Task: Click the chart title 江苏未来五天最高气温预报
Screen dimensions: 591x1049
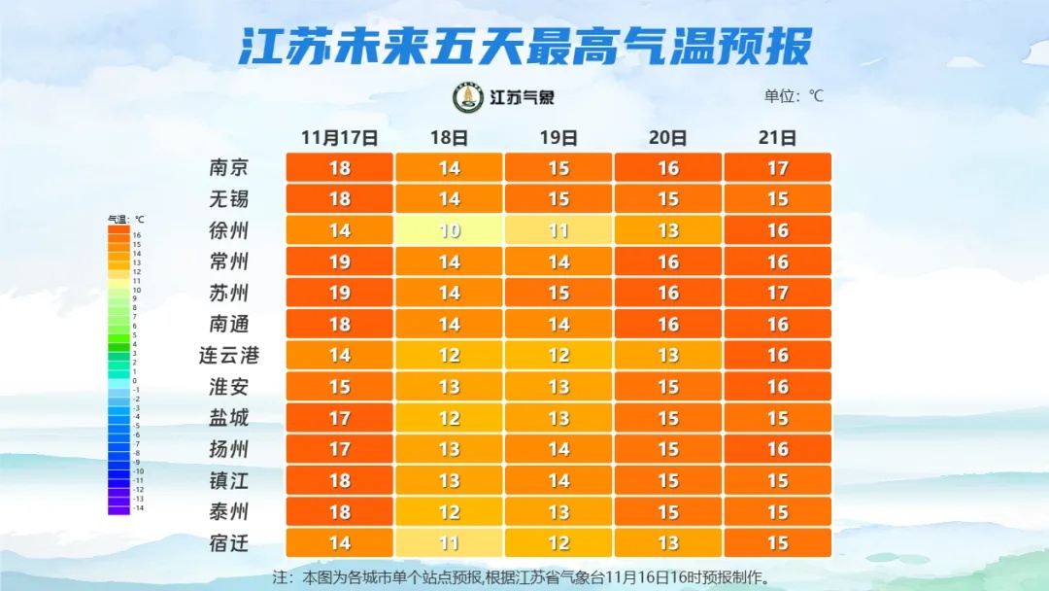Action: [524, 47]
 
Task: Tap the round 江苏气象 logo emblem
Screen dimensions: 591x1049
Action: [468, 97]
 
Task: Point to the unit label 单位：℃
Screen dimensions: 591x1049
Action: [794, 96]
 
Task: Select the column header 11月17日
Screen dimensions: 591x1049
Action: [339, 137]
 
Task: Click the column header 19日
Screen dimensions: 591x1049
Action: [558, 137]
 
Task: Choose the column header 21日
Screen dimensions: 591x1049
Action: [777, 137]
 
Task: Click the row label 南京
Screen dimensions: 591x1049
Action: [229, 168]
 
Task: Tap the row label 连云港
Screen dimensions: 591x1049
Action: [229, 356]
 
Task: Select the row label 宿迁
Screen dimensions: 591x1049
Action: [229, 542]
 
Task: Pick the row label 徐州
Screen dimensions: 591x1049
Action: [229, 230]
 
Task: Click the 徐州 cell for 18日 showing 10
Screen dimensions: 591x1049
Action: [449, 230]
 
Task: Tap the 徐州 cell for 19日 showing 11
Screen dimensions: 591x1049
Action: [558, 230]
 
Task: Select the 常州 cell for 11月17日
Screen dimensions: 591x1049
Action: [339, 261]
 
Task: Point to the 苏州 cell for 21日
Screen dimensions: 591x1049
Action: [777, 293]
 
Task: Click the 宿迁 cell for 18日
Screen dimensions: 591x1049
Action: [449, 542]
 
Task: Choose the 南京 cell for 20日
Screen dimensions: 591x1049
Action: [668, 168]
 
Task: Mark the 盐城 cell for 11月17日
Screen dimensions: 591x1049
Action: [339, 418]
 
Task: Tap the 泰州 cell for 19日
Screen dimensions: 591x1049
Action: [558, 511]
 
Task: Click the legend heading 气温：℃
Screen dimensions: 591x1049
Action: [125, 219]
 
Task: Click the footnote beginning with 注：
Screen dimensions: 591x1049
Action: [524, 576]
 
